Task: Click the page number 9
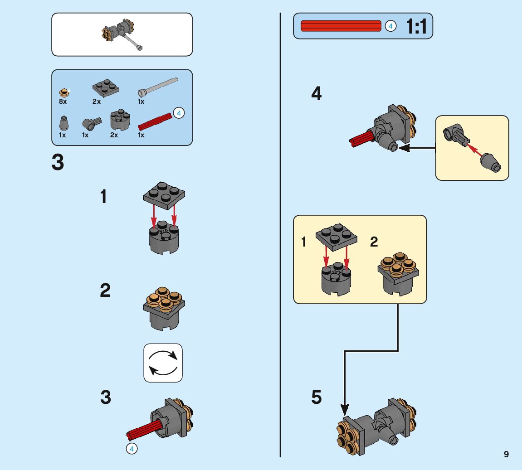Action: [506, 454]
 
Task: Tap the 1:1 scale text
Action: [416, 26]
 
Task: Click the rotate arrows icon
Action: [163, 363]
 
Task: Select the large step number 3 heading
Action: [58, 162]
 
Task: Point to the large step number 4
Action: [316, 94]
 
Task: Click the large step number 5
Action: [317, 397]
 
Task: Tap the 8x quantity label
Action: [63, 102]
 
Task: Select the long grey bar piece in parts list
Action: [158, 87]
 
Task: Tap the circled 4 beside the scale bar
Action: [390, 26]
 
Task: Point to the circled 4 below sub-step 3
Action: [131, 449]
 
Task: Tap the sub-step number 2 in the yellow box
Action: [374, 242]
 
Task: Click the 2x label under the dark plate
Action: [97, 102]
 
